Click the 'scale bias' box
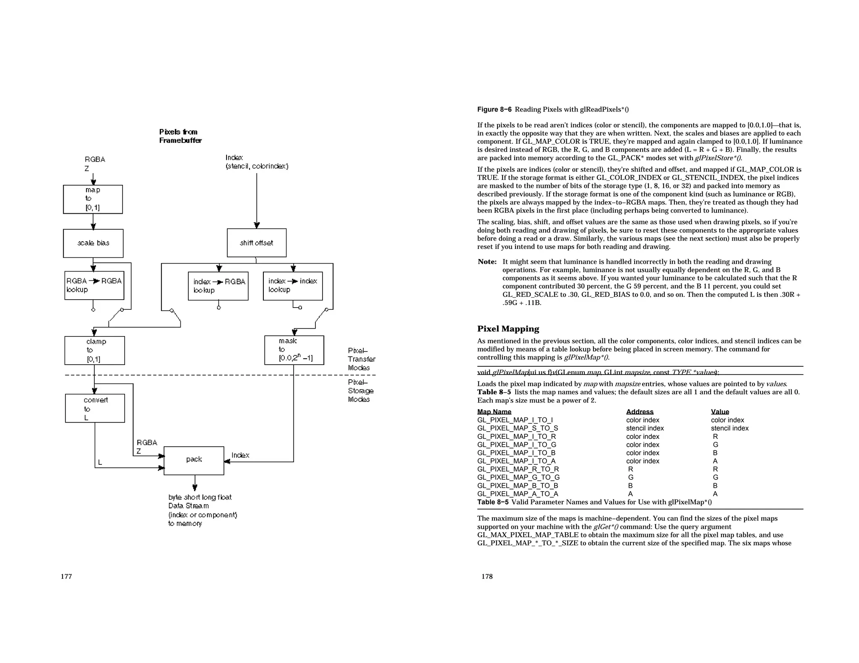(93, 243)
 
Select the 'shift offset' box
(257, 243)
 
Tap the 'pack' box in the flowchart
(194, 460)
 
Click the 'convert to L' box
(95, 408)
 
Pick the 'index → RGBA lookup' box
(218, 286)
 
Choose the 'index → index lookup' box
(293, 286)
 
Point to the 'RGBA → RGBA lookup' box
(94, 285)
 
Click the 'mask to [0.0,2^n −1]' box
(294, 350)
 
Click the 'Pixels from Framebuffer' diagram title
(180, 136)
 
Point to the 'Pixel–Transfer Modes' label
(361, 359)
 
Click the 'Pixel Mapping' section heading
(508, 329)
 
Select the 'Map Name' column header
(494, 412)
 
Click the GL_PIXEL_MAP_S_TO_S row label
(518, 428)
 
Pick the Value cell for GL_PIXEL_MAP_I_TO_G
(715, 445)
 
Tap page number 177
(66, 577)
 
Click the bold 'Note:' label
(487, 262)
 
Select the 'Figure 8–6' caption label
(494, 110)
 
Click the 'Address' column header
(640, 412)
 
